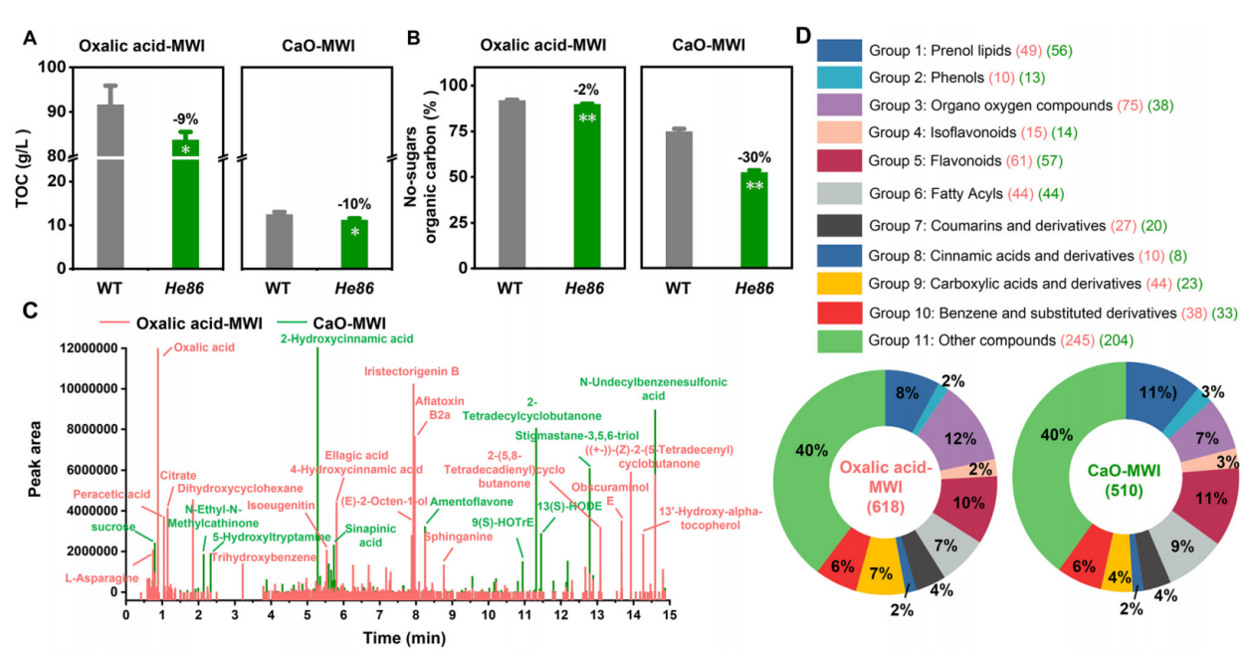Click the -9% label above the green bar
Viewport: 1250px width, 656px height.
tap(184, 120)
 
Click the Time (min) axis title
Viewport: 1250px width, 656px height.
tap(398, 636)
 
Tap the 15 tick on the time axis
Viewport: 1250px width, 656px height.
tap(671, 614)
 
